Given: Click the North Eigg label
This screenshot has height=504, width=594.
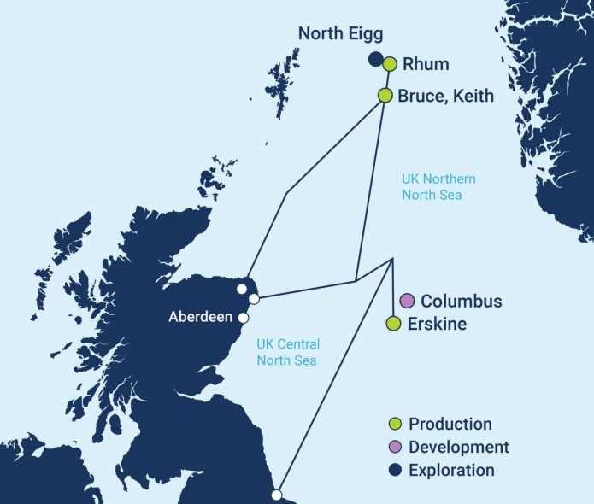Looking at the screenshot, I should tap(340, 34).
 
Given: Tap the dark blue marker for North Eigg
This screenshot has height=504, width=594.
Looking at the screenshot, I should tap(374, 59).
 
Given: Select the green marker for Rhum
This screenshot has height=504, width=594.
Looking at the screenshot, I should tap(390, 64).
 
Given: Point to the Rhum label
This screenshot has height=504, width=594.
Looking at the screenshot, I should tap(427, 64).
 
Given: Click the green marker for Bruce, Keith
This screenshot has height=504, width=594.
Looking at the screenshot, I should tap(385, 95).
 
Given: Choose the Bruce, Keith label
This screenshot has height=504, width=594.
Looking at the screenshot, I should tap(445, 96).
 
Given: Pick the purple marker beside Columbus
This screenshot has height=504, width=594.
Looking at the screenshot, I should tap(407, 301).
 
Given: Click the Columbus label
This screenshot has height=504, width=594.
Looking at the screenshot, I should tap(462, 302).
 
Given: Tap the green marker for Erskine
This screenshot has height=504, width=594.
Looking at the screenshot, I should tap(393, 324).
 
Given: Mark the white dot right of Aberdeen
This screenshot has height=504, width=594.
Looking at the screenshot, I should tap(243, 318).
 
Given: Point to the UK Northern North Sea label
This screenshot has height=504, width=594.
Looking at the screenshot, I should tap(438, 188).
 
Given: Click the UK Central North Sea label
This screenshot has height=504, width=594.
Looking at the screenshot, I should tap(289, 352).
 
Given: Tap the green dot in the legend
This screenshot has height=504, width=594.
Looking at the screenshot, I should tap(394, 425).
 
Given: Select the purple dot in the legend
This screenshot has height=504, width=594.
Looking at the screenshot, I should tap(394, 448).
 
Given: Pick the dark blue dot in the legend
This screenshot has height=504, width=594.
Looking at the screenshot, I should tap(394, 471).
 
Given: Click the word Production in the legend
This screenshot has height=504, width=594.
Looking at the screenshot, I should tap(450, 425).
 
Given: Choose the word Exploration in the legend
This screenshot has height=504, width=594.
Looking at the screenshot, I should tap(451, 471).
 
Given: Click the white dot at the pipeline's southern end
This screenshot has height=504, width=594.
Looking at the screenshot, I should tap(276, 495).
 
